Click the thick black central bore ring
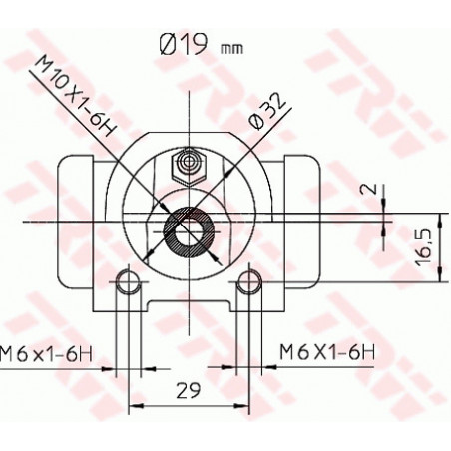click(186, 230)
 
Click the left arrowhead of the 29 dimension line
click(134, 405)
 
